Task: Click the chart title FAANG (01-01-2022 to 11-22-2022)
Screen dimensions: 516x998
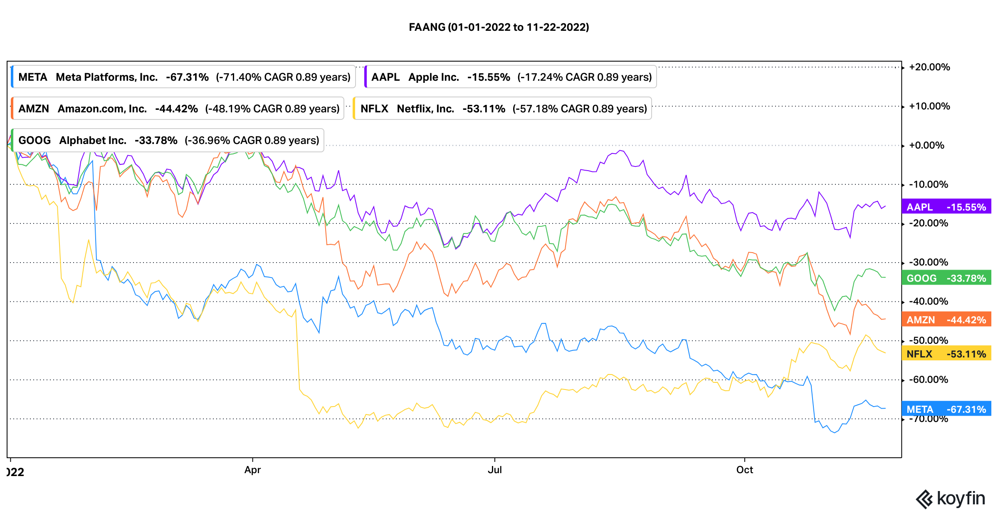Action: click(x=499, y=27)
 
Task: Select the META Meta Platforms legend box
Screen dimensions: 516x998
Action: click(x=183, y=77)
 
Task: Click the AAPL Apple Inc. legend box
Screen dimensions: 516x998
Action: click(x=511, y=77)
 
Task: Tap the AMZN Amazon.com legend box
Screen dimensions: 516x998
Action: click(x=178, y=109)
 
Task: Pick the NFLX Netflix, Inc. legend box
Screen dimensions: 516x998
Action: click(x=502, y=109)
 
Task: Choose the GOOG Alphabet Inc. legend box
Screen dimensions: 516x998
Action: click(x=168, y=140)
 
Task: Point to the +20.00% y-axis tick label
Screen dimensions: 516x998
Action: click(x=929, y=67)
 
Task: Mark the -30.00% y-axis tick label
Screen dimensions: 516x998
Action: click(x=928, y=262)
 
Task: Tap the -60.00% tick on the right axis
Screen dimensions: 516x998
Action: click(x=928, y=380)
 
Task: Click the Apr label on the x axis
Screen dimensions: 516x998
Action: click(x=252, y=470)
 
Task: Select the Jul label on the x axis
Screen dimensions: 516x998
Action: click(x=495, y=470)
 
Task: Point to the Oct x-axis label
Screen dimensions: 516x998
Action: click(x=744, y=470)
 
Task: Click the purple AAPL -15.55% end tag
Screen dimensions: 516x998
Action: click(x=946, y=207)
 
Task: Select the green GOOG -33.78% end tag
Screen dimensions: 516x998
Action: click(x=946, y=278)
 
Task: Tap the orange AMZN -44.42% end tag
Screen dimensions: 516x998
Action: click(x=946, y=320)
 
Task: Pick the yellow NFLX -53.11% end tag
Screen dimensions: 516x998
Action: click(x=946, y=354)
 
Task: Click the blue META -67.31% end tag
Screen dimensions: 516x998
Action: click(x=946, y=409)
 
